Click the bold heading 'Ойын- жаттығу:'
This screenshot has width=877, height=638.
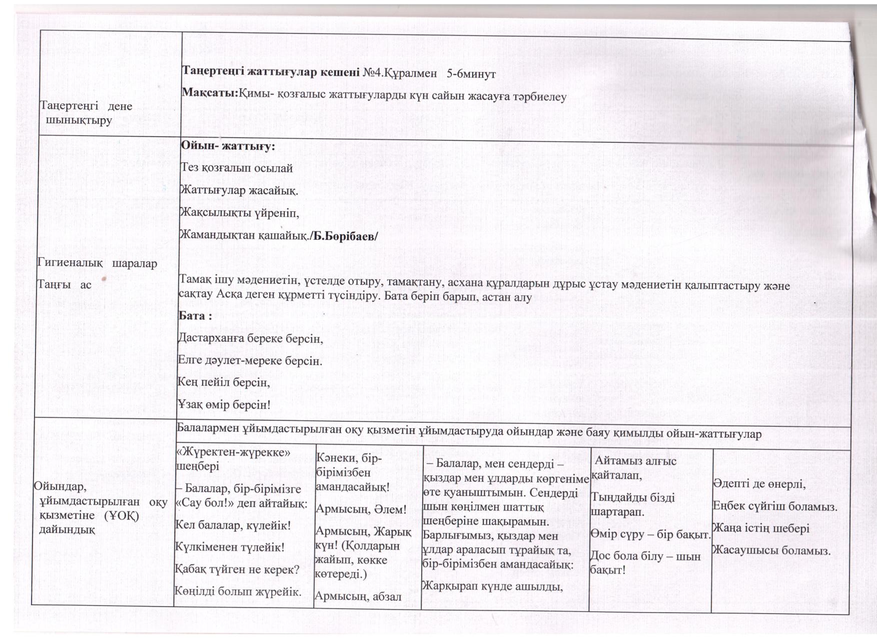228,147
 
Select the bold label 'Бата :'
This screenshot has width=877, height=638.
196,316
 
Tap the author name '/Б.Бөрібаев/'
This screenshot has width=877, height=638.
344,236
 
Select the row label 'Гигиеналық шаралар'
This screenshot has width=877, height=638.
98,263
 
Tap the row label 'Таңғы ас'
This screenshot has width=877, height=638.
65,284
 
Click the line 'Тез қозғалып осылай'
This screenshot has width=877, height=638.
237,168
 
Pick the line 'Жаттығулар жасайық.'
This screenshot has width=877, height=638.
239,191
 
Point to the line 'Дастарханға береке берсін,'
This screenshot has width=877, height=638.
251,338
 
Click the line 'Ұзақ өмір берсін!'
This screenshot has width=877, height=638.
224,404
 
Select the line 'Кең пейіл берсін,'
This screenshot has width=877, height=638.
224,382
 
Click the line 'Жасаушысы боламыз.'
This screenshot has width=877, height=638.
771,551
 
